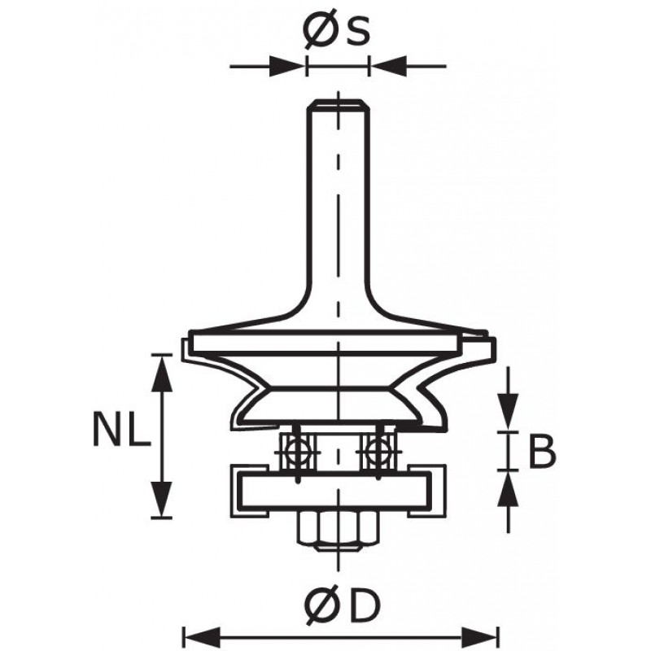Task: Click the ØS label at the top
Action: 336,32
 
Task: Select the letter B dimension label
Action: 542,452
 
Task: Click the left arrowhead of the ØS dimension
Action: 286,66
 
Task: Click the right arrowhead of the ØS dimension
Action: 388,66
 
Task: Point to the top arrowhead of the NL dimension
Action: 161,373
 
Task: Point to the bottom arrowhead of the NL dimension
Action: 161,499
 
